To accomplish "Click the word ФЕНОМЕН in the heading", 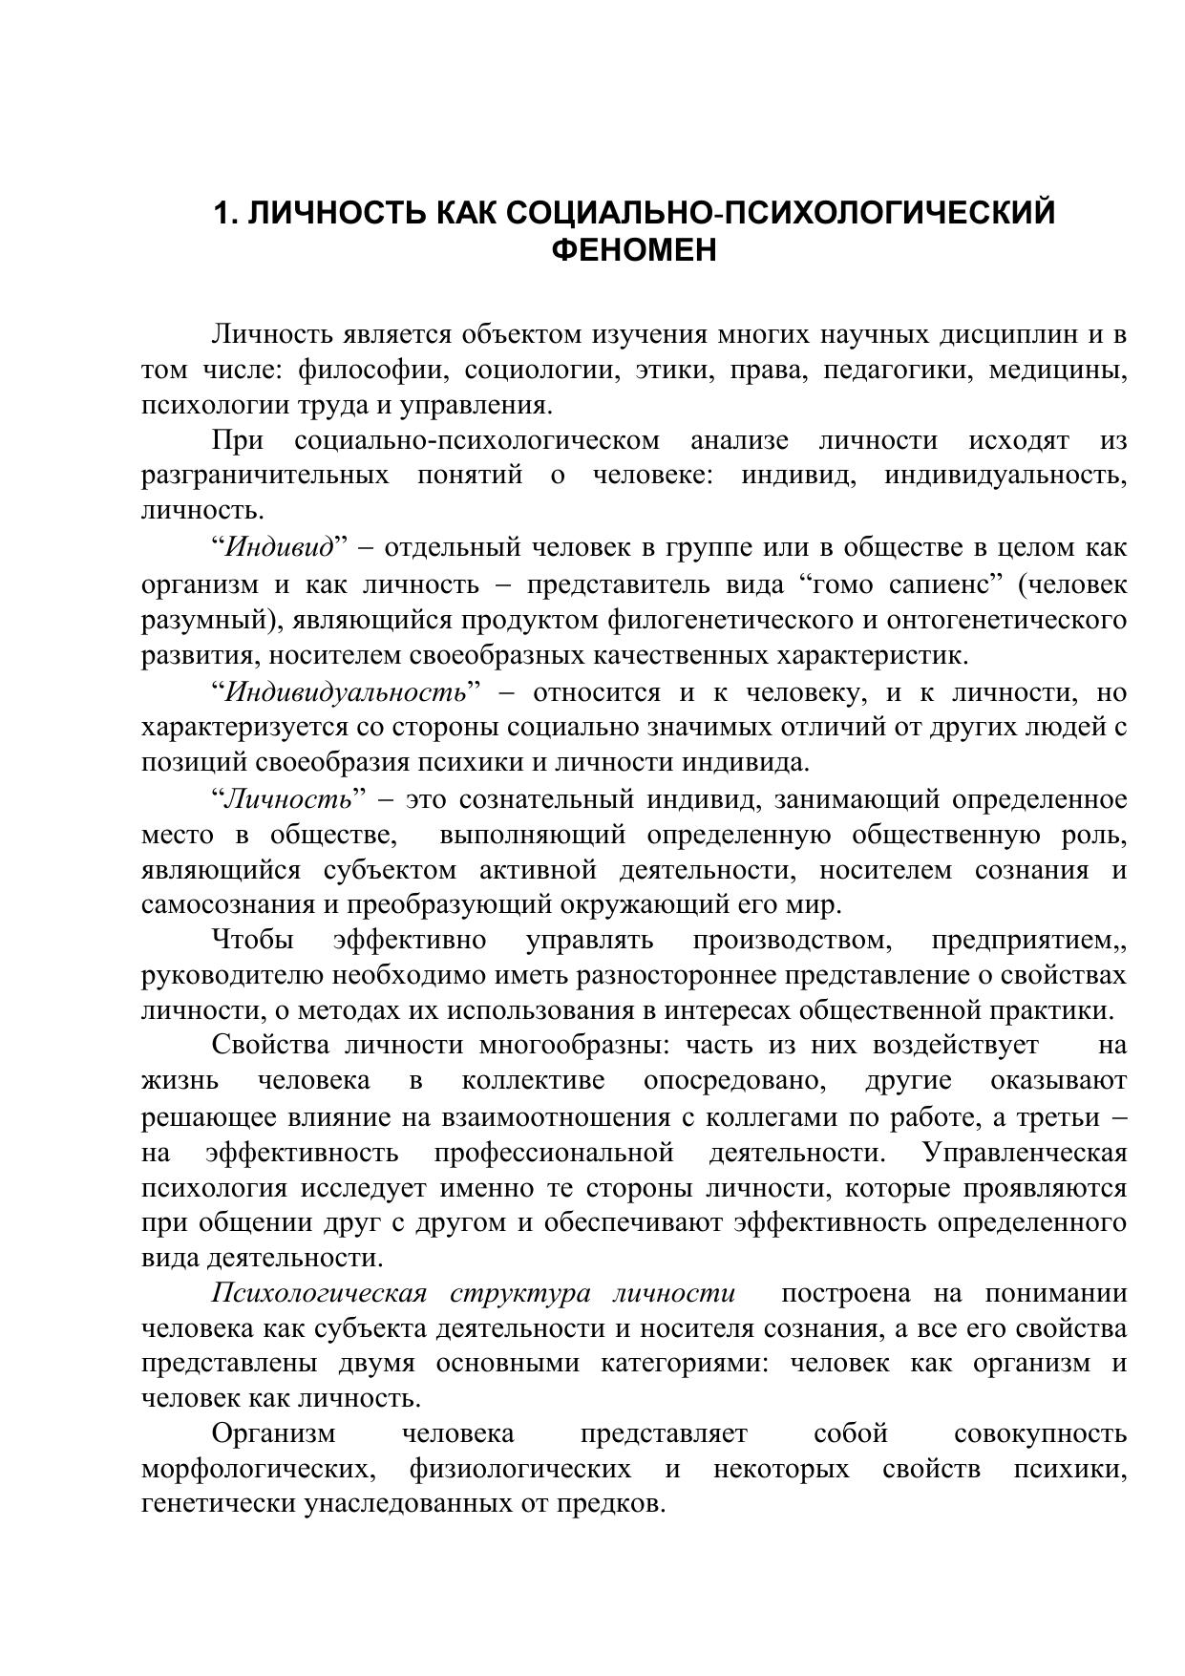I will tap(634, 250).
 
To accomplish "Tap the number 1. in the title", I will tap(225, 212).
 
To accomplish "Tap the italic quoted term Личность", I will tap(287, 798).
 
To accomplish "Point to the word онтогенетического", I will tap(1006, 620).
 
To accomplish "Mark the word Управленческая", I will tap(1025, 1153).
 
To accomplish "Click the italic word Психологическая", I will tap(318, 1293).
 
